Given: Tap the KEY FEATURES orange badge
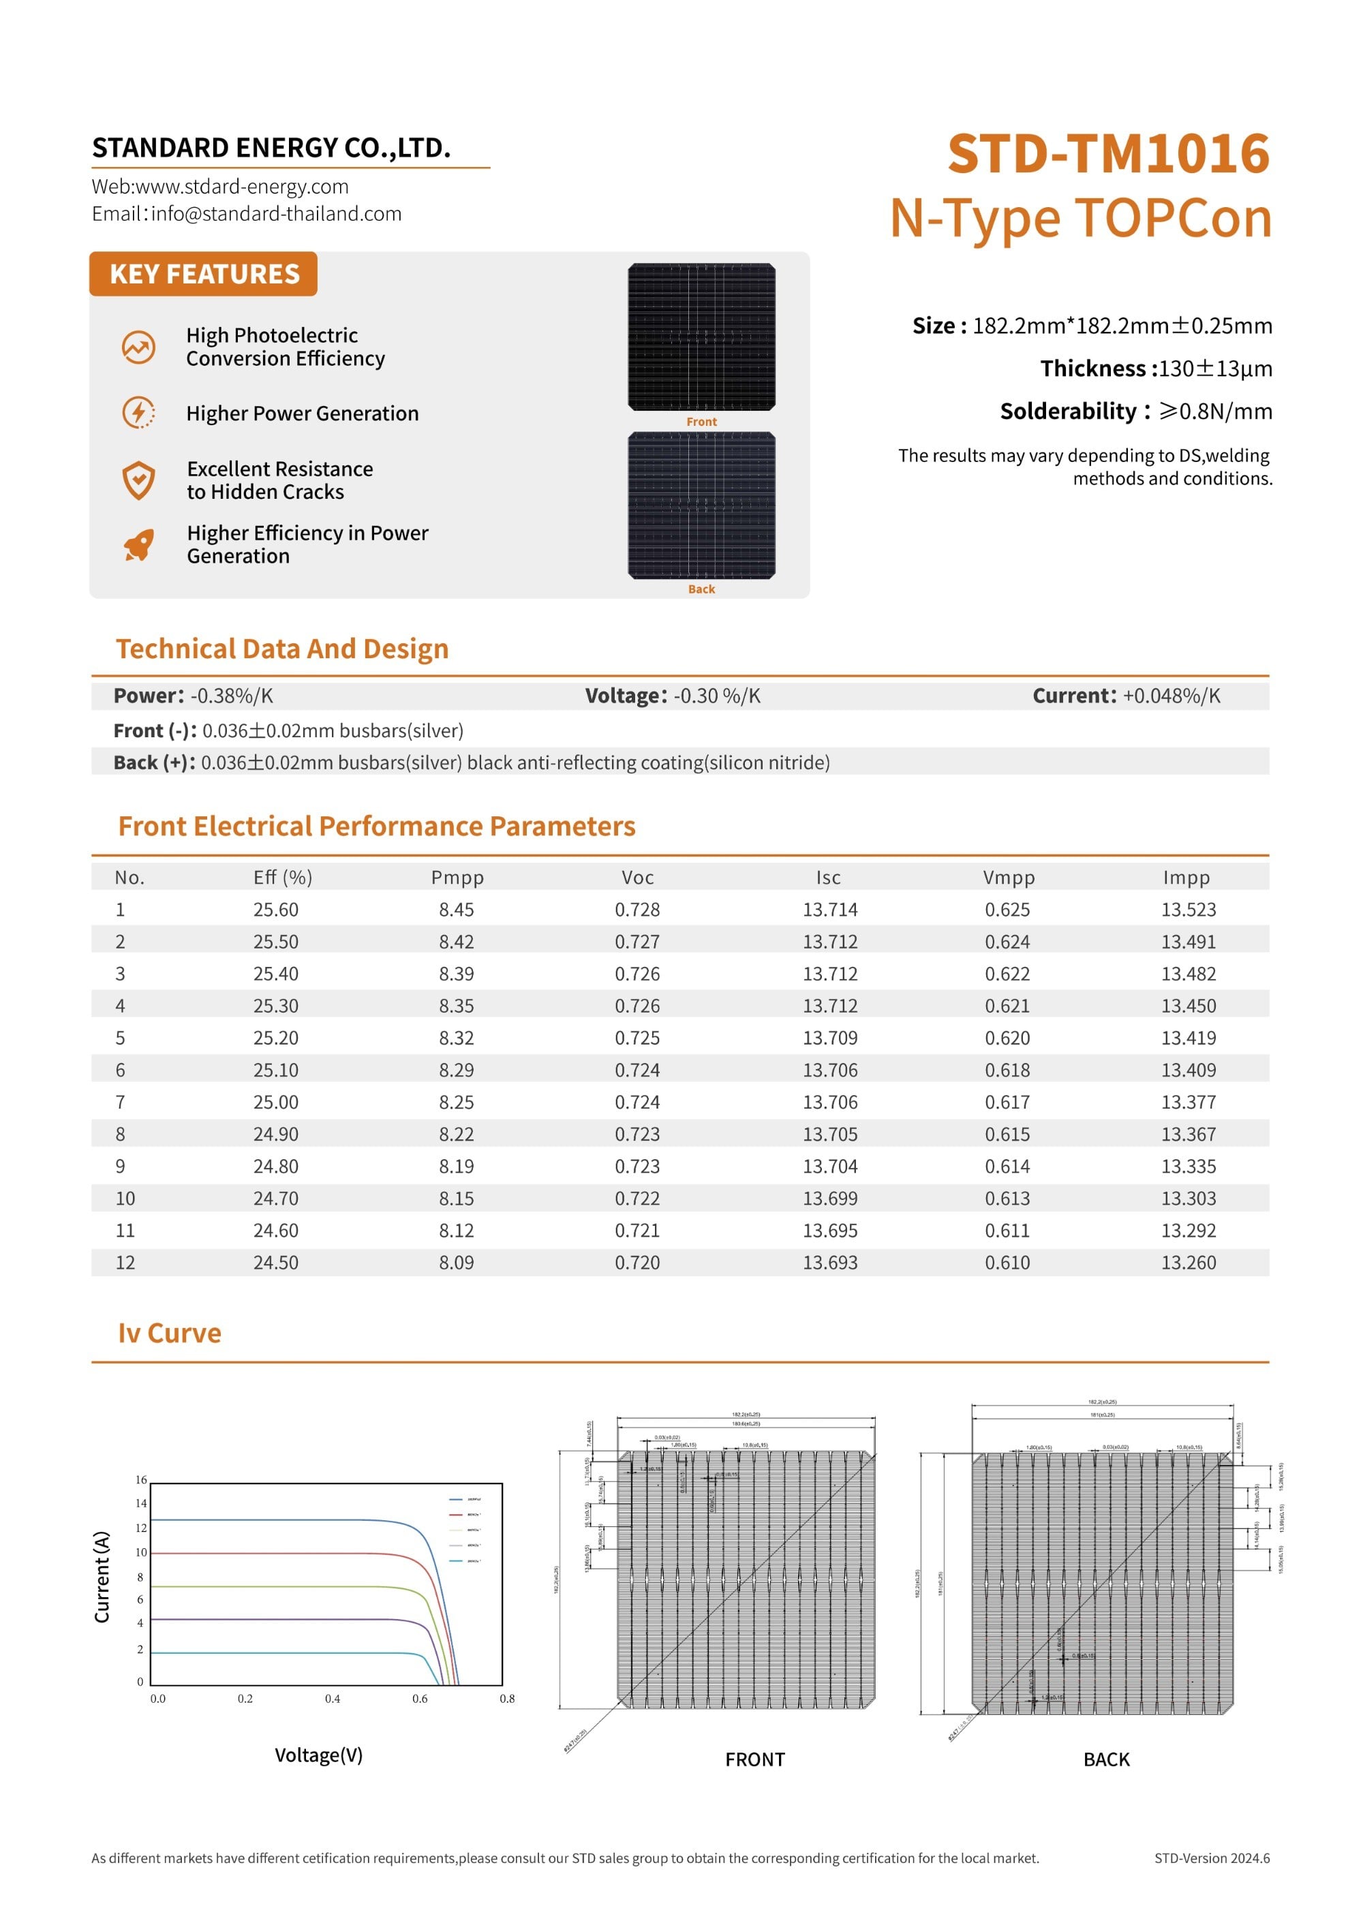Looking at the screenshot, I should click(x=203, y=274).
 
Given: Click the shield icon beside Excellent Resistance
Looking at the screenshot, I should click(x=138, y=480).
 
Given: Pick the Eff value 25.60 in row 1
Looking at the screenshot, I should click(x=275, y=910).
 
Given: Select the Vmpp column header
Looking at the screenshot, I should click(x=1008, y=877).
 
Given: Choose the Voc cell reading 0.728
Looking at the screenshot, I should click(x=637, y=910).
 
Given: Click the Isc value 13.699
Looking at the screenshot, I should click(x=829, y=1198).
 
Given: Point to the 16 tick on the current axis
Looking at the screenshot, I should click(x=141, y=1480).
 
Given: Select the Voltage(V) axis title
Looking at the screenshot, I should click(x=318, y=1755).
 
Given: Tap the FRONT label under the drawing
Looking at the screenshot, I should click(x=754, y=1759).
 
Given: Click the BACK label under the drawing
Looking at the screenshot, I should click(x=1106, y=1759).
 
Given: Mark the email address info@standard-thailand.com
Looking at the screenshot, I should click(x=276, y=214).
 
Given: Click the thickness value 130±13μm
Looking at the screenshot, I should click(x=1214, y=369).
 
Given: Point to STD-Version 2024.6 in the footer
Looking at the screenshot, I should click(x=1211, y=1858).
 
